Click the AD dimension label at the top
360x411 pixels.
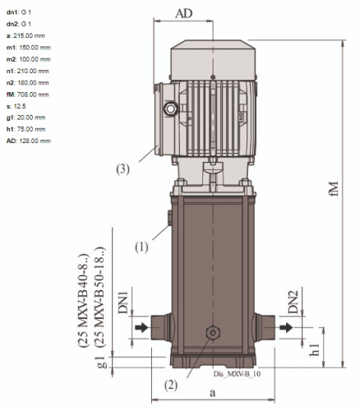pyautogui.click(x=184, y=13)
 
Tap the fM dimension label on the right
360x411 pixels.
pyautogui.click(x=335, y=188)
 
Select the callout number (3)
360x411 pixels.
pyautogui.click(x=122, y=169)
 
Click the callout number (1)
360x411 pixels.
pyautogui.click(x=141, y=247)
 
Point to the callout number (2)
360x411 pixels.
pyautogui.click(x=171, y=386)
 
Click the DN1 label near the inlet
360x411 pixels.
pyautogui.click(x=123, y=302)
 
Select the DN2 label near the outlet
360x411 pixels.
pyautogui.click(x=293, y=302)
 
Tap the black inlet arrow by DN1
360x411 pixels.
pyautogui.click(x=141, y=327)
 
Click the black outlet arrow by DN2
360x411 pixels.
pyautogui.click(x=286, y=327)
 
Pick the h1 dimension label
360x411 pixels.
pyautogui.click(x=315, y=350)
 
